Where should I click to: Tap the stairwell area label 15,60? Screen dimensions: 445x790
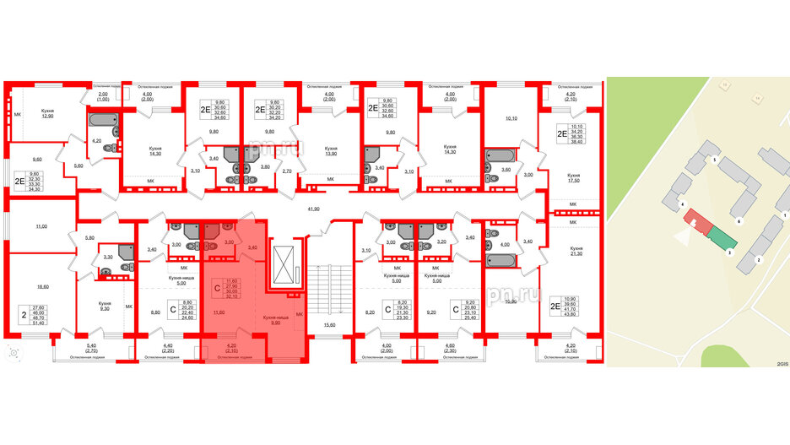click(x=321, y=326)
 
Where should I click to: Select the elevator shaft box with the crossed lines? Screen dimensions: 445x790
click(x=284, y=264)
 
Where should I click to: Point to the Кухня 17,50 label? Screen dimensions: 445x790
click(x=576, y=178)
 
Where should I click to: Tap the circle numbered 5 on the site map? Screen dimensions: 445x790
click(x=714, y=160)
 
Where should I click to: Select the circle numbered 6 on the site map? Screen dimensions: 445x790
click(x=739, y=221)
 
